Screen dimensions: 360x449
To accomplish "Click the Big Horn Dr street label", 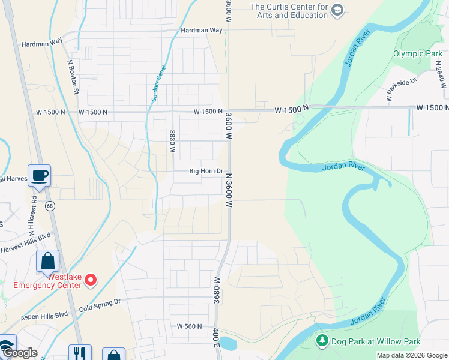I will coord(206,171).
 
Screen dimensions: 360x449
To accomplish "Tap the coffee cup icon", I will coord(40,175).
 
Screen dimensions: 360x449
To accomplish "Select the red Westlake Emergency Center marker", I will coord(91,279).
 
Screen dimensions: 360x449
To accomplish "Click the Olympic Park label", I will coord(417,53).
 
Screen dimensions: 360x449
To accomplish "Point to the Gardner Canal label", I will coord(158,82).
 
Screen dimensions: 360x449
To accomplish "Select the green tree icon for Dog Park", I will coord(322,341).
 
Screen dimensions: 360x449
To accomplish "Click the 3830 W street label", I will coord(172,142).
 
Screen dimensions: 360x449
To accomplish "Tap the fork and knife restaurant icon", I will coord(79,353).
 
